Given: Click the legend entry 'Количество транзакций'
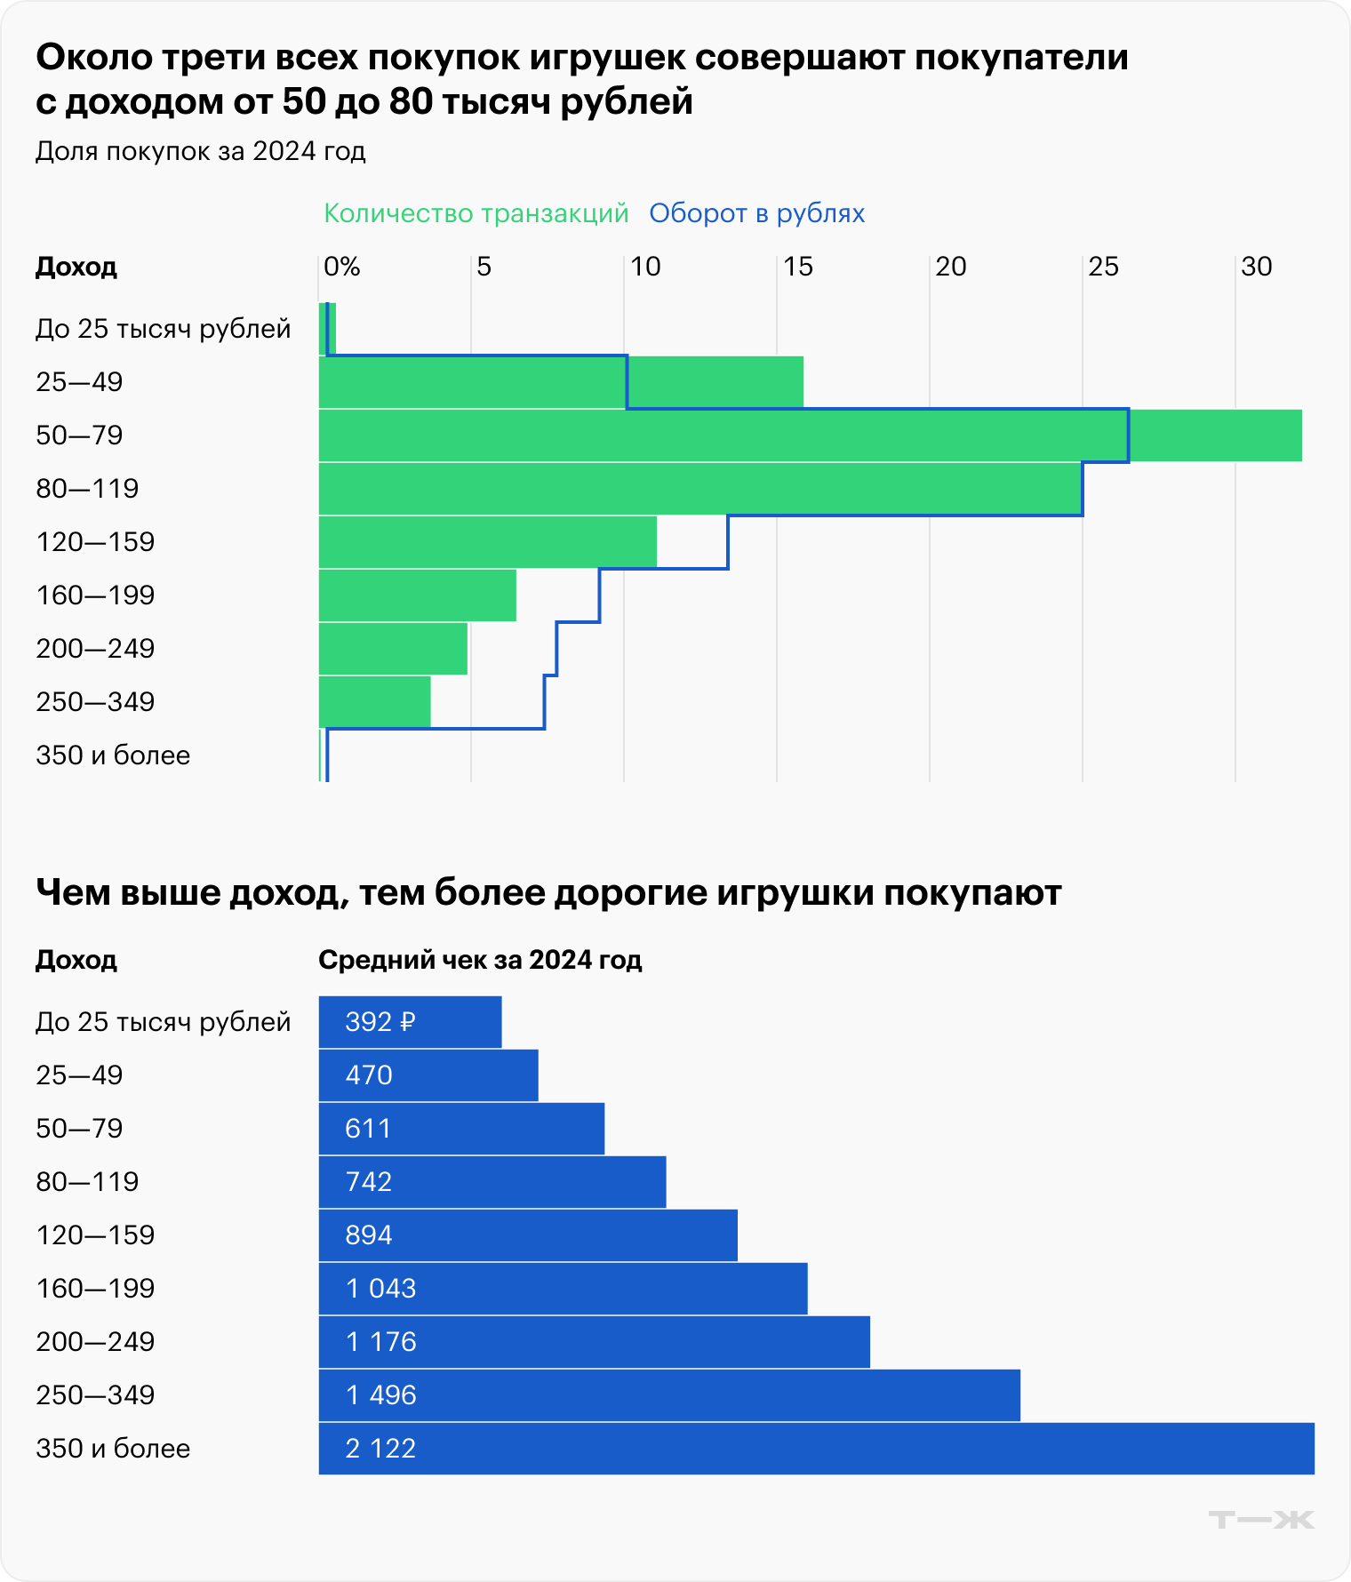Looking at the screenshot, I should point(476,213).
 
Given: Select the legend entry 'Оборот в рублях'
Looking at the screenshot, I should point(756,213).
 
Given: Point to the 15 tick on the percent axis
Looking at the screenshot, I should point(797,267).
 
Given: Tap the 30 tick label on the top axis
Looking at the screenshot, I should point(1256,267).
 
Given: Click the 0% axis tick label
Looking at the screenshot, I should point(341,267).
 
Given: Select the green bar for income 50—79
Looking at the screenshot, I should point(810,435).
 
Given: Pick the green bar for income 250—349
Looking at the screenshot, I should point(374,702).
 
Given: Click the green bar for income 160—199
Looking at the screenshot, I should point(417,595).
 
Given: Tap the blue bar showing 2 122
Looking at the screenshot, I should point(816,1449).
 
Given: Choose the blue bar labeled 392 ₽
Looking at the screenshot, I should point(410,1022).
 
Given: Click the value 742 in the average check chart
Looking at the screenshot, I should point(368,1182).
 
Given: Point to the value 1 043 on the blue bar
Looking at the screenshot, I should point(380,1289).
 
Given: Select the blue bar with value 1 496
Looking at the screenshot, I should point(669,1395).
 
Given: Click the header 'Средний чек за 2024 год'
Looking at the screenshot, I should point(480,960).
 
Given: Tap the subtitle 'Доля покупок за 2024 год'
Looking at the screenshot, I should point(200,151).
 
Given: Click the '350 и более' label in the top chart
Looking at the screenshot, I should point(113,755).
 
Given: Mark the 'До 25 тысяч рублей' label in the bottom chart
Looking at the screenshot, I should point(163,1022).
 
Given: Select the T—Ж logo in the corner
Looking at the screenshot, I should point(1260,1520).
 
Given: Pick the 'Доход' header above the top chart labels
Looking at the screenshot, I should point(76,267).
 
